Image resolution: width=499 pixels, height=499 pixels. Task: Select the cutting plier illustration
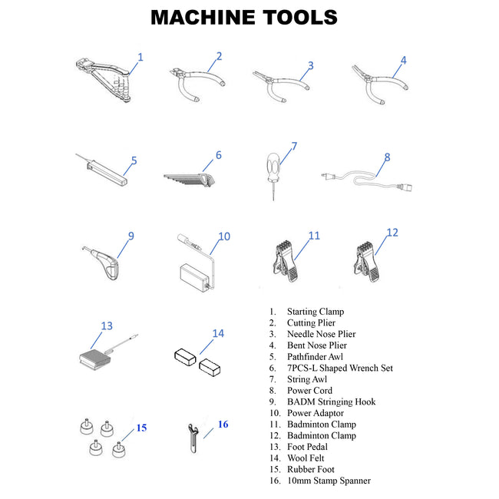(197, 84)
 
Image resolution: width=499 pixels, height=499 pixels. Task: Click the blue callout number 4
(404, 60)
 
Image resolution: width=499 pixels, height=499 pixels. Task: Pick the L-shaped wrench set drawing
(190, 180)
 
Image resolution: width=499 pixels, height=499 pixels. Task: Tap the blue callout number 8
(387, 157)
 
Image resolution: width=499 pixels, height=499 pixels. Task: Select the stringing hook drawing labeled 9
(101, 263)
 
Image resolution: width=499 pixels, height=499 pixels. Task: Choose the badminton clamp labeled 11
(286, 261)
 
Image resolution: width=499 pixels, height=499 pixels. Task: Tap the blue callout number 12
(392, 233)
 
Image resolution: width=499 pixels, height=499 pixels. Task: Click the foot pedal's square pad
(94, 359)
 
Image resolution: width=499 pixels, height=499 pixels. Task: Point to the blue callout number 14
(218, 333)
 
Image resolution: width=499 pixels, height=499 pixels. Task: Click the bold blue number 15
(141, 428)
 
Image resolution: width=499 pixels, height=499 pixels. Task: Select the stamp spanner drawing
(193, 438)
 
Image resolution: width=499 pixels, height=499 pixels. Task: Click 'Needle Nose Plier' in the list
(322, 334)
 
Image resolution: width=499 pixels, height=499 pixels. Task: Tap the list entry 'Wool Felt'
(306, 458)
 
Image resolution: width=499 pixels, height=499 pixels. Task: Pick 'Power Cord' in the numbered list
(309, 390)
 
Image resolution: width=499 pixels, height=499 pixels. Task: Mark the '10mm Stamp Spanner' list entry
(329, 481)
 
